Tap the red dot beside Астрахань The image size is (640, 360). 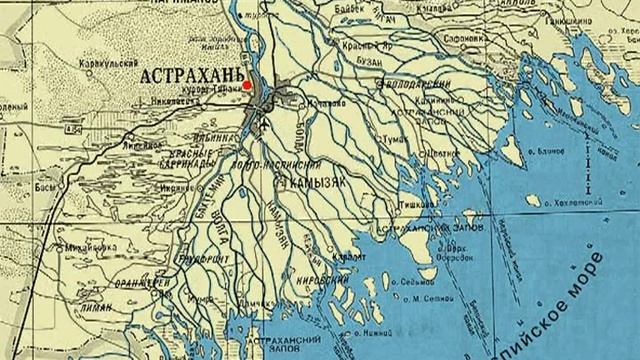[x=246, y=87]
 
